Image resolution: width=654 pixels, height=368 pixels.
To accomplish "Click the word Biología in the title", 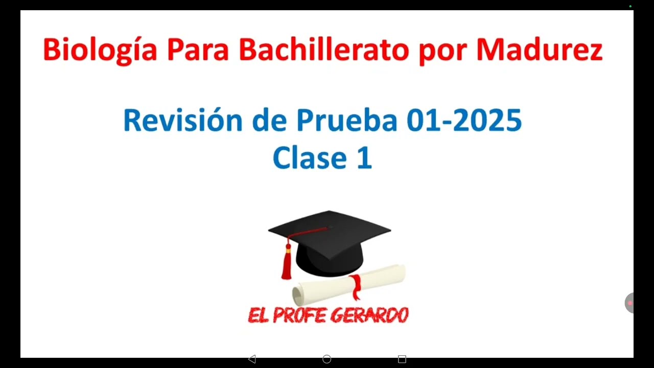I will pyautogui.click(x=100, y=51).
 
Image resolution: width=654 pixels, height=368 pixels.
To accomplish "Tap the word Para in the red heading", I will pyautogui.click(x=197, y=51).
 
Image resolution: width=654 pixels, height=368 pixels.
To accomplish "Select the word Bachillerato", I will pyautogui.click(x=323, y=50).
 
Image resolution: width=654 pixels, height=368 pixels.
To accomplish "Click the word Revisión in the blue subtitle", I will pyautogui.click(x=183, y=121).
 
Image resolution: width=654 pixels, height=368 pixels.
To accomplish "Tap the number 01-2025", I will pyautogui.click(x=464, y=121).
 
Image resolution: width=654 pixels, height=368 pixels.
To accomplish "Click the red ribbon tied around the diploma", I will pyautogui.click(x=356, y=286).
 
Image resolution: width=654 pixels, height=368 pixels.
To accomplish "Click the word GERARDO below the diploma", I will pyautogui.click(x=366, y=315).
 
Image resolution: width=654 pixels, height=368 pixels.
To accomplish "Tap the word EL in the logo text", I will pyautogui.click(x=258, y=315).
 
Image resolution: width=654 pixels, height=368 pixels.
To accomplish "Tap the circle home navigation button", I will pyautogui.click(x=327, y=359).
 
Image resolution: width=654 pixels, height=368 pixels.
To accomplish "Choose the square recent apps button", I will pyautogui.click(x=402, y=359).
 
